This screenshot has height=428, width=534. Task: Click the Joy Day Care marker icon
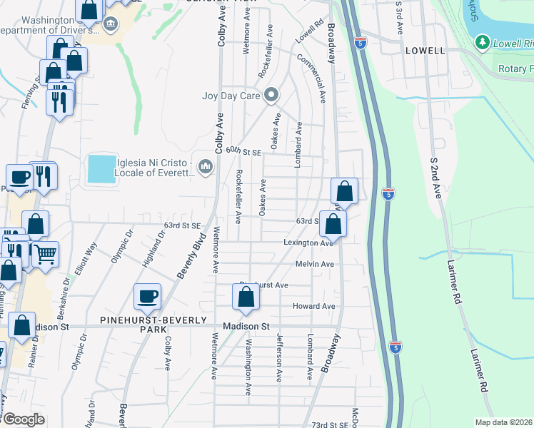(271, 95)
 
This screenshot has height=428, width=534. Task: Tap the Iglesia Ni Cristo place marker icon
(206, 167)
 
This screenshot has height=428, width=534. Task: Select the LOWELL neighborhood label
(425, 51)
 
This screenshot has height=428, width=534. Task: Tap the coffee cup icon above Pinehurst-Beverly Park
(147, 297)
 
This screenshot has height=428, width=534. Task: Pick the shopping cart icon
(45, 253)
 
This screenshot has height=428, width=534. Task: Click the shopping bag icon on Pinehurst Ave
(246, 297)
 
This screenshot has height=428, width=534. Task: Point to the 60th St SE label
(244, 151)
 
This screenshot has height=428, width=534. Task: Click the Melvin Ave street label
(315, 264)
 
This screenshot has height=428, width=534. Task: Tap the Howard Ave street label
(313, 306)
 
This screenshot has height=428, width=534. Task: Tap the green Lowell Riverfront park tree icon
(482, 43)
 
